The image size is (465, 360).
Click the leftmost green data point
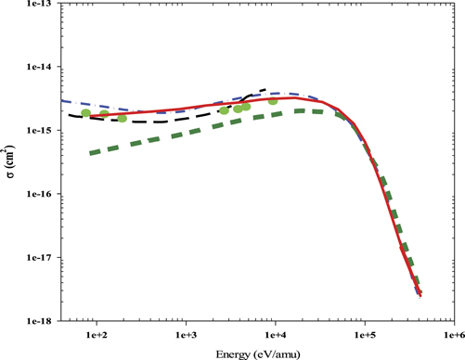pos(86,113)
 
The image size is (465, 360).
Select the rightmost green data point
pos(273,101)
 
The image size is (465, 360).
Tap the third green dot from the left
pos(122,119)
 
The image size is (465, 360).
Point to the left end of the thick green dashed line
pos(90,152)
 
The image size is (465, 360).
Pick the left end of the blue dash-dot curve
pos(60,100)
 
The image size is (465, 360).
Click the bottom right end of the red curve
pos(420,295)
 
